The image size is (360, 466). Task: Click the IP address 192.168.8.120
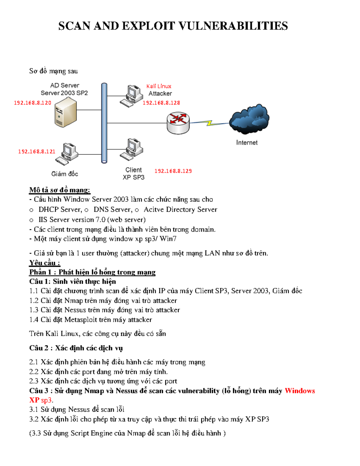pyautogui.click(x=33, y=103)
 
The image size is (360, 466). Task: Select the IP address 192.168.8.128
pyautogui.click(x=161, y=103)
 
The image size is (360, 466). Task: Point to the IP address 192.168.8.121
pyautogui.click(x=37, y=152)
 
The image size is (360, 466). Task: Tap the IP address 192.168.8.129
pyautogui.click(x=173, y=171)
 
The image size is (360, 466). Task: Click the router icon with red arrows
pyautogui.click(x=178, y=122)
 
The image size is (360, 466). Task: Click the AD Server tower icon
pyautogui.click(x=65, y=114)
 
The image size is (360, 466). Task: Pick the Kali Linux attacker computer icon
pyautogui.click(x=131, y=96)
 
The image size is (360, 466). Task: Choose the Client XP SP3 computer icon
pyautogui.click(x=132, y=149)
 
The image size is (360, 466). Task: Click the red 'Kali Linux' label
pyautogui.click(x=159, y=86)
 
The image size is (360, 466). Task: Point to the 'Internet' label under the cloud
pyautogui.click(x=247, y=143)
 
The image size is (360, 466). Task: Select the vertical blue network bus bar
pyautogui.click(x=104, y=123)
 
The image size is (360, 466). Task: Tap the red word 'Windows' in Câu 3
pyautogui.click(x=300, y=391)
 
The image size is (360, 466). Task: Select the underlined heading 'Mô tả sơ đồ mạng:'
pyautogui.click(x=60, y=190)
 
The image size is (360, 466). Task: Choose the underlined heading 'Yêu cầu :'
pyautogui.click(x=45, y=263)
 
